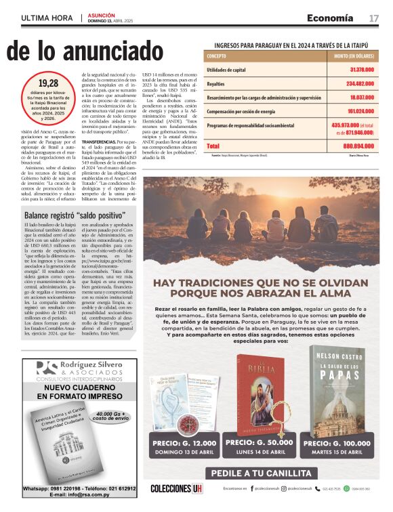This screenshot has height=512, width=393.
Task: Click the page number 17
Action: [x=373, y=18]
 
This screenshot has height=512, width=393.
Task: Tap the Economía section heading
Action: [x=330, y=18]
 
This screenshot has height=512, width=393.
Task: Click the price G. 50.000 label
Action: [x=261, y=442]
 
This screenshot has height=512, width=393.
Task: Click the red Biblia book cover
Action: [x=261, y=393]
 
